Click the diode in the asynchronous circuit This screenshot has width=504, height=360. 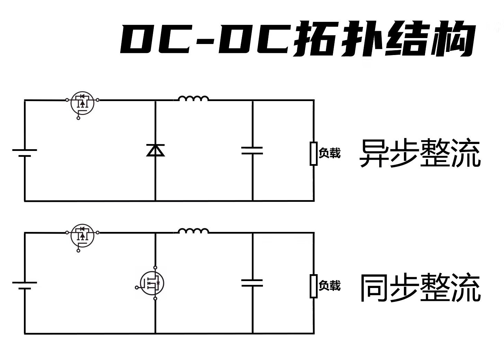pyautogui.click(x=156, y=150)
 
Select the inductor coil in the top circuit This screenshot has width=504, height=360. pyautogui.click(x=193, y=99)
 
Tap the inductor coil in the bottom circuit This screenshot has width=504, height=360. pyautogui.click(x=193, y=231)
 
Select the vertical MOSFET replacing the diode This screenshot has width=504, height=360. pyautogui.click(x=152, y=283)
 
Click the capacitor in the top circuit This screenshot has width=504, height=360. pyautogui.click(x=252, y=150)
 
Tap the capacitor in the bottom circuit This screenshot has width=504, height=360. pyautogui.click(x=252, y=283)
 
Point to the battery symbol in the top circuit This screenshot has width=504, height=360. pyautogui.click(x=25, y=153)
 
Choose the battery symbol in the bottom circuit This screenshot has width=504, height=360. pyautogui.click(x=25, y=285)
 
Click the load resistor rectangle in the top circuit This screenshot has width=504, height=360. pyautogui.click(x=313, y=153)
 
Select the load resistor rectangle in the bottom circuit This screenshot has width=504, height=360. pyautogui.click(x=313, y=286)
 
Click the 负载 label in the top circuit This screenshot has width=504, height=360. pyautogui.click(x=329, y=153)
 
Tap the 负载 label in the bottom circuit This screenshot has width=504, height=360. pyautogui.click(x=329, y=286)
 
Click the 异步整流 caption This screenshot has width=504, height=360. pyautogui.click(x=420, y=153)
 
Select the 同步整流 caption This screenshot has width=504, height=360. pyautogui.click(x=420, y=287)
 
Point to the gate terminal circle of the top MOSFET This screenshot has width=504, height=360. pyautogui.click(x=78, y=118)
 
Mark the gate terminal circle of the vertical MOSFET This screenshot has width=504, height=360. pyautogui.click(x=136, y=287)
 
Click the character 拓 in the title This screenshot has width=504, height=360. pyautogui.click(x=314, y=39)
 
